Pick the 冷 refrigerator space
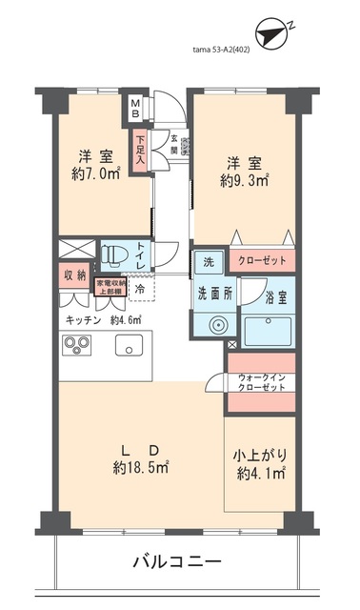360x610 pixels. [139, 287]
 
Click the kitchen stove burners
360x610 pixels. [76, 346]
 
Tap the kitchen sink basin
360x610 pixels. [129, 346]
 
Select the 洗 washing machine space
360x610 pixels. [209, 260]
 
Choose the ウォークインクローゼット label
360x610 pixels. [261, 384]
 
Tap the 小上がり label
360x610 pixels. [258, 455]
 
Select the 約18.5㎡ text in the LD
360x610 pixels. [140, 468]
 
